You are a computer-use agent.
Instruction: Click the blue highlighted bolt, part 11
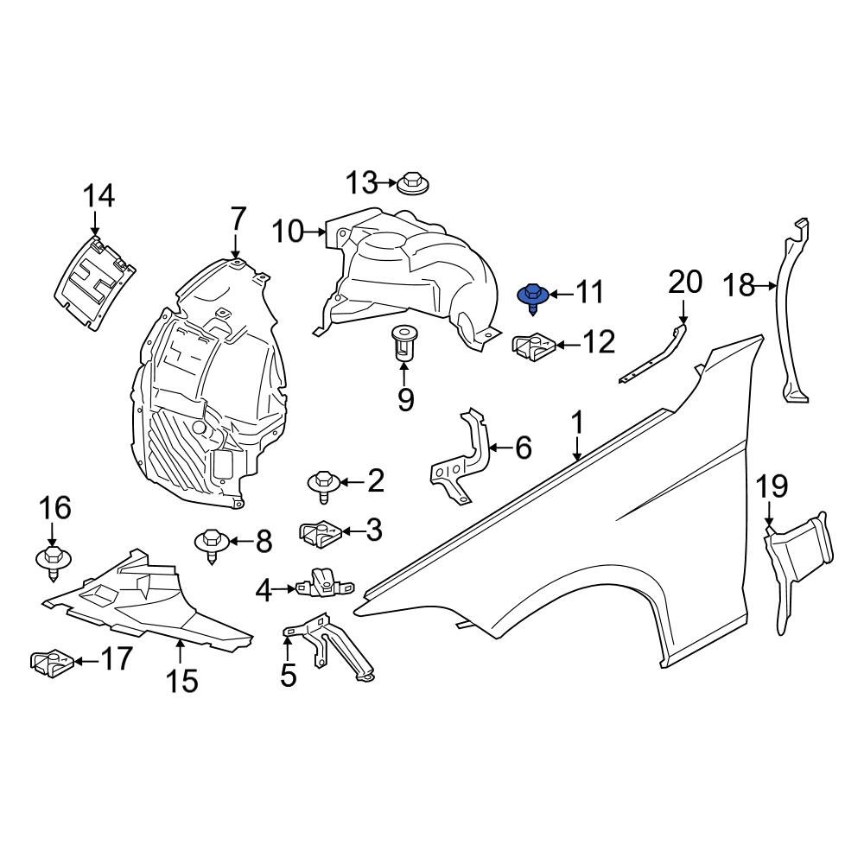click(x=533, y=296)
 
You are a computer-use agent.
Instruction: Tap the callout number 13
click(x=362, y=183)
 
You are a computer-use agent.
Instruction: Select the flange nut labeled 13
click(x=414, y=184)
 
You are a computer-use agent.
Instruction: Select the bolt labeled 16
click(x=54, y=560)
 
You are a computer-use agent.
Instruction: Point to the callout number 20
click(x=686, y=283)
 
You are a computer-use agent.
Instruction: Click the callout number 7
click(x=238, y=219)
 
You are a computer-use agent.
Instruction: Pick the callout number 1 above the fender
click(x=576, y=424)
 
